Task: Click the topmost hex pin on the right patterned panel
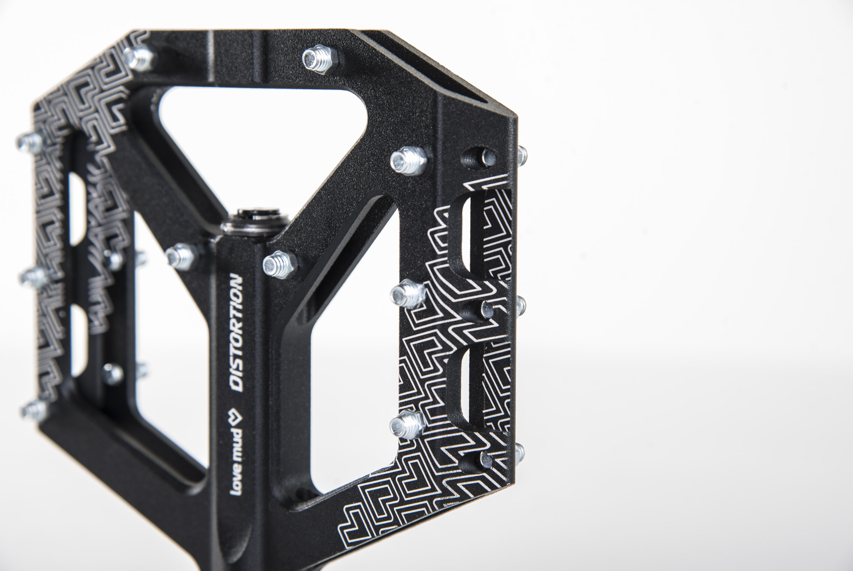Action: tap(408, 161)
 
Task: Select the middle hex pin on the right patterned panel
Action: tap(408, 295)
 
